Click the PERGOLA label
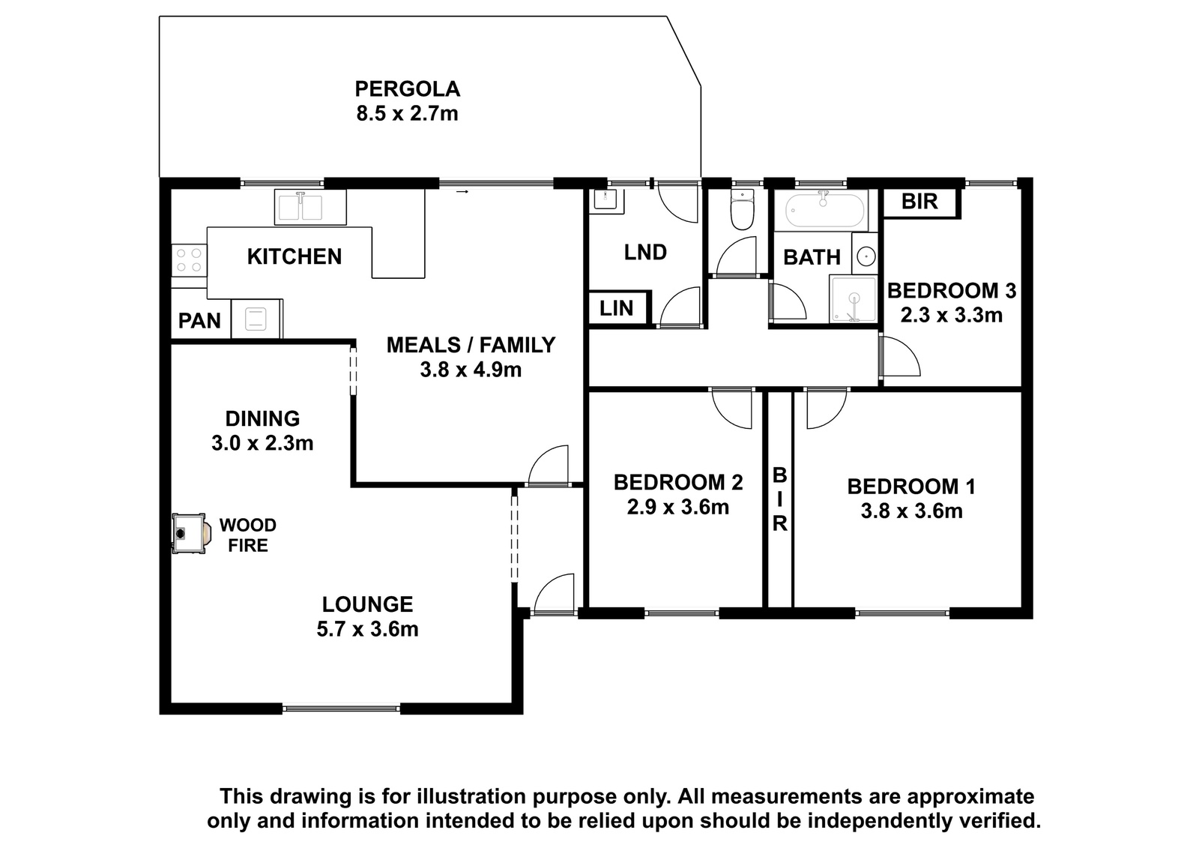(408, 89)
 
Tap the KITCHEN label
(295, 256)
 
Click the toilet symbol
(742, 209)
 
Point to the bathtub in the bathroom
(824, 210)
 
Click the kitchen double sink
(310, 207)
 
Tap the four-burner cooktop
(189, 260)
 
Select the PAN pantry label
(199, 321)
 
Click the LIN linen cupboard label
(616, 308)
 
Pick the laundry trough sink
(606, 202)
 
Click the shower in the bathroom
(853, 299)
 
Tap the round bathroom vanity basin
(866, 256)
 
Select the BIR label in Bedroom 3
(919, 202)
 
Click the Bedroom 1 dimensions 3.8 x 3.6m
(911, 511)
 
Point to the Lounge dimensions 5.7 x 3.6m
(367, 629)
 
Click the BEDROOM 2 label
(678, 482)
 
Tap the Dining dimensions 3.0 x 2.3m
(262, 443)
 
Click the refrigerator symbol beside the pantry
(256, 319)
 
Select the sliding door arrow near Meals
(462, 192)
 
